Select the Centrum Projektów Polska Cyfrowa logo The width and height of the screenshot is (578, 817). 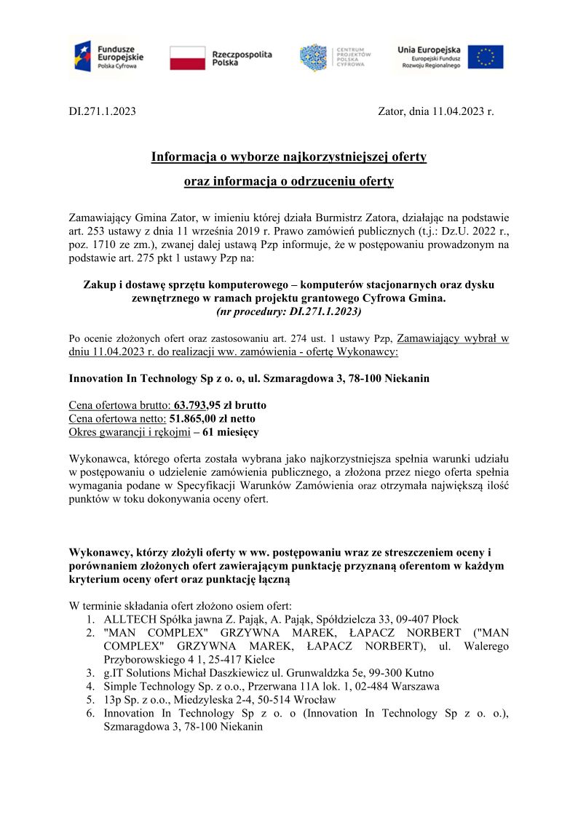click(336, 57)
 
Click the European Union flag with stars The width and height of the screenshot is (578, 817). click(485, 57)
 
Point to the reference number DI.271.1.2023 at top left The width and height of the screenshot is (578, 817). click(102, 112)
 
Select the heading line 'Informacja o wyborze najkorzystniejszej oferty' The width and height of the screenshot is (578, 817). click(288, 156)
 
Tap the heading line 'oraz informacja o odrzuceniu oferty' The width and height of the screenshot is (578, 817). click(288, 180)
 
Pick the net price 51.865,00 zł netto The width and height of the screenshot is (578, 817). click(212, 418)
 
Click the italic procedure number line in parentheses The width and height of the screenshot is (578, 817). click(288, 311)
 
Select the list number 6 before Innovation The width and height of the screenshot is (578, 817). click(90, 713)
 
